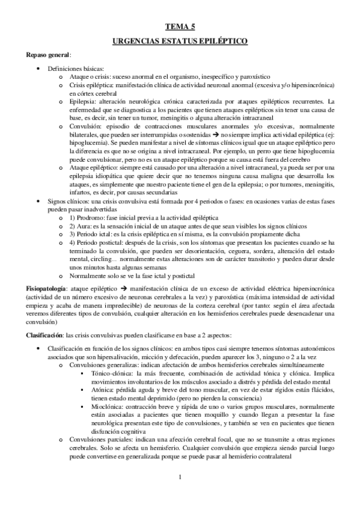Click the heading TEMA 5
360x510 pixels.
pos(180,26)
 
